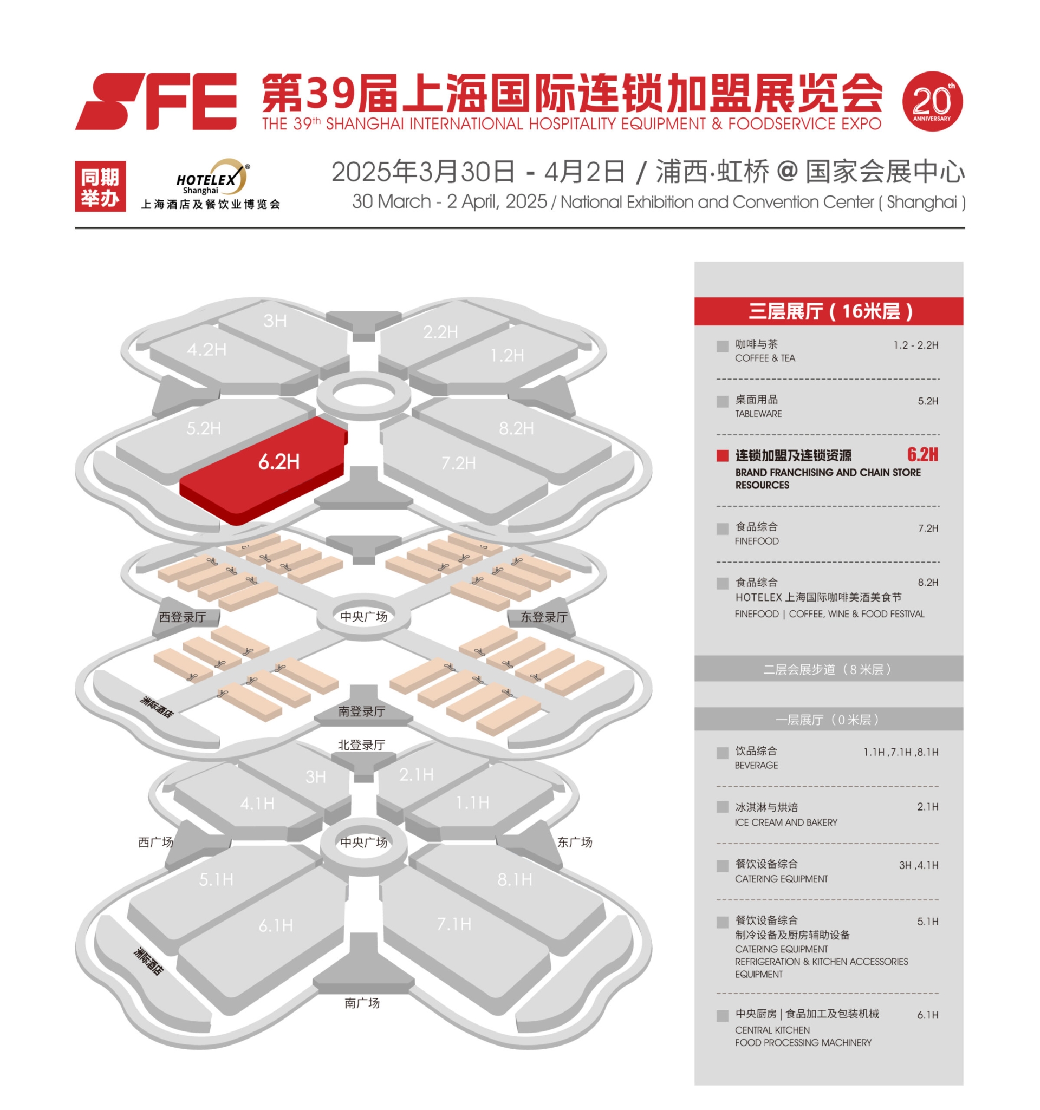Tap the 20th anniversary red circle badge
(932, 101)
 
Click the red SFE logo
(156, 101)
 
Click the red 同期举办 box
(100, 186)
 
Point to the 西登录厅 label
(183, 617)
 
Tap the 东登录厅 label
(543, 617)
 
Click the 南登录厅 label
(361, 711)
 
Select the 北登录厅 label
(361, 745)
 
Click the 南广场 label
(362, 1003)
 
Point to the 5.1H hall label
(216, 880)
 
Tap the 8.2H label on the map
(516, 428)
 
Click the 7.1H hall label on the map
(453, 924)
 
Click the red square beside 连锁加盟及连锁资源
(722, 455)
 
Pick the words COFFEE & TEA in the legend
(765, 358)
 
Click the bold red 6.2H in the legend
(921, 454)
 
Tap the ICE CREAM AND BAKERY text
(786, 822)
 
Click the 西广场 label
(155, 842)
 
